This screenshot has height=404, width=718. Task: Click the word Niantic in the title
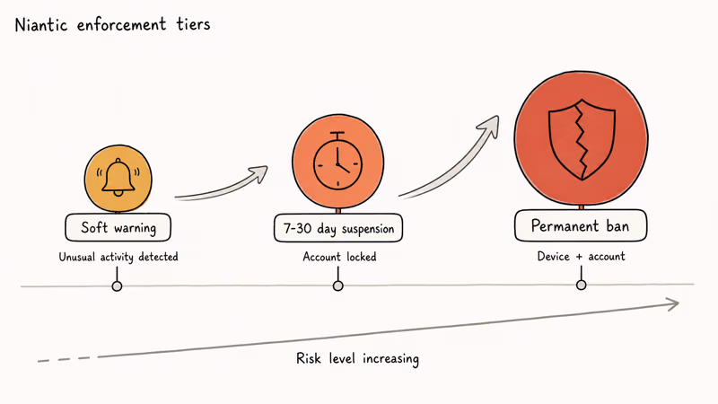point(41,24)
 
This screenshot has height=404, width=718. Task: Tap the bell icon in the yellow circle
point(118,178)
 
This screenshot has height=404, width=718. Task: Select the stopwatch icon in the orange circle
point(338,161)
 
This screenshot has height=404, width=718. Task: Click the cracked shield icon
point(582,139)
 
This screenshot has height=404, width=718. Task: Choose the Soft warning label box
point(118,227)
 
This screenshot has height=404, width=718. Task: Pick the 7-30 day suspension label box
point(338,228)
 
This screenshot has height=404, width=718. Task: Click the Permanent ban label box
point(581,225)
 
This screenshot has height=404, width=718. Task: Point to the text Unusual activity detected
point(118,257)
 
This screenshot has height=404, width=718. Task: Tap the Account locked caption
point(339,257)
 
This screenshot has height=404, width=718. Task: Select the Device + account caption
point(581,256)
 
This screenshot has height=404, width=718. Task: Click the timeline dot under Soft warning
point(117,286)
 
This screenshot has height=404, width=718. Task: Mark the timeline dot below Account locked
point(338,285)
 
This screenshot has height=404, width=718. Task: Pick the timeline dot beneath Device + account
point(581,285)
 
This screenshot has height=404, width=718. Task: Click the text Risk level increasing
point(357,358)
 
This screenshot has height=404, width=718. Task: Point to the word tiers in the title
point(193,24)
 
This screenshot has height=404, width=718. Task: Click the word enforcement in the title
point(121,25)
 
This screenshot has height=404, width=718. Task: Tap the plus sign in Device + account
point(579,257)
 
